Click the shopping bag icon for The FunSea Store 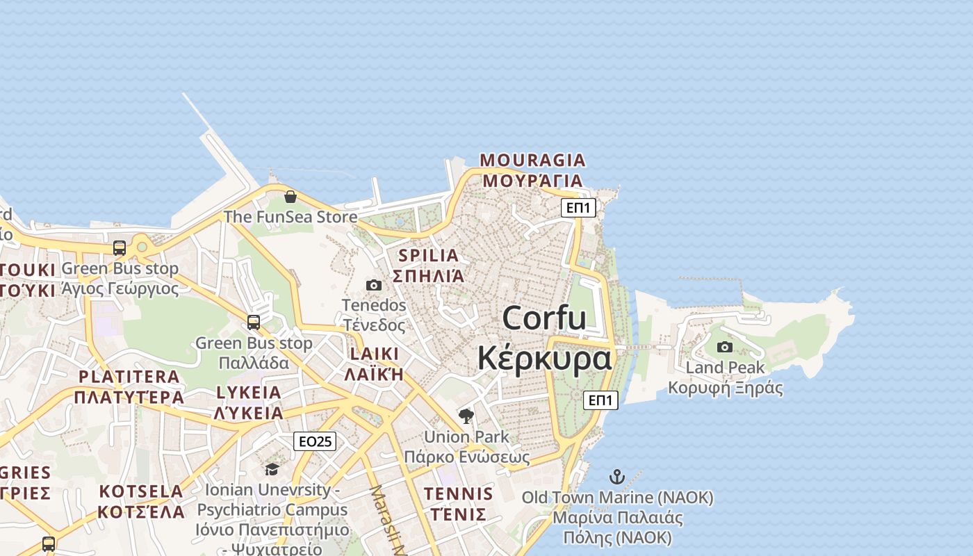[x=291, y=197]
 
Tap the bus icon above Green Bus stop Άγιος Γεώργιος [x=120, y=248]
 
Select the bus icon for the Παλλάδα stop [x=254, y=322]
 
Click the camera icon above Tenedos [x=374, y=285]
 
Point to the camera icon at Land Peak [x=725, y=347]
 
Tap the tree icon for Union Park [x=466, y=416]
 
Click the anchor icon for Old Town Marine [x=617, y=477]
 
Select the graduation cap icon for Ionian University [x=272, y=469]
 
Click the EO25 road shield [x=315, y=441]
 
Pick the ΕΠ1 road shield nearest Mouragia [x=579, y=207]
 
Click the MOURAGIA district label [x=533, y=161]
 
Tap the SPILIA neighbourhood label [x=429, y=255]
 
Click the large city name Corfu [x=544, y=318]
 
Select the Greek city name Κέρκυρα [x=544, y=358]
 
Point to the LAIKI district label [x=375, y=354]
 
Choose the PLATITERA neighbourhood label [x=129, y=377]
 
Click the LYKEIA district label [x=249, y=393]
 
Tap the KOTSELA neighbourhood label [x=141, y=491]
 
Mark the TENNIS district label [x=459, y=494]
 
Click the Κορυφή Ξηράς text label [x=725, y=388]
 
